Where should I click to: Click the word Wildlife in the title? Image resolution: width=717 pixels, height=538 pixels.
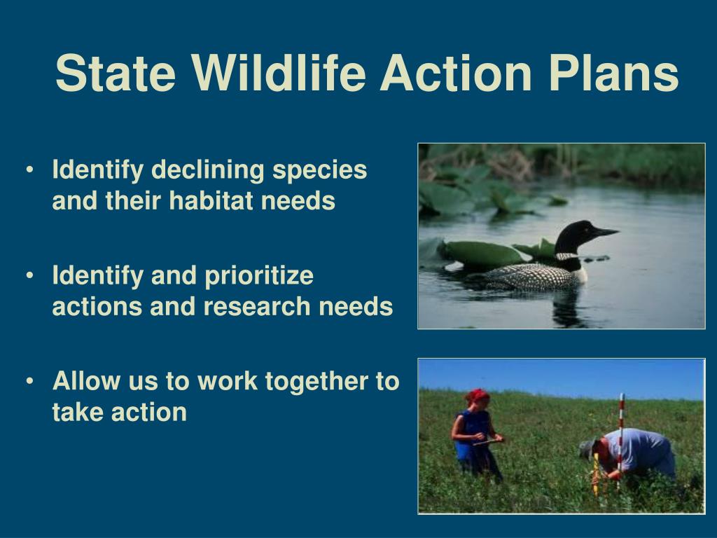pyautogui.click(x=279, y=73)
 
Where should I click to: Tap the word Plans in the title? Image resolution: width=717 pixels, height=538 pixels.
pyautogui.click(x=614, y=73)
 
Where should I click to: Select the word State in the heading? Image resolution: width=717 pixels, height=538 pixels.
pyautogui.click(x=116, y=73)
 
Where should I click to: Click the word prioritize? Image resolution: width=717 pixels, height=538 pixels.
pyautogui.click(x=259, y=276)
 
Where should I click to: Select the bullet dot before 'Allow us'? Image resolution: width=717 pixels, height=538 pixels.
pyautogui.click(x=29, y=381)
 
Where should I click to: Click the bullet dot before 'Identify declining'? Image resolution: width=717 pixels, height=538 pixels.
pyautogui.click(x=29, y=170)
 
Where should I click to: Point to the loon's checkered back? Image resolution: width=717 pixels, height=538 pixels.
pyautogui.click(x=526, y=276)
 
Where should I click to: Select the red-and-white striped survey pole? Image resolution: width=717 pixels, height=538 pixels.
pyautogui.click(x=620, y=439)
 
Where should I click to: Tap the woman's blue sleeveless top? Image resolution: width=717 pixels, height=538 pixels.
pyautogui.click(x=472, y=434)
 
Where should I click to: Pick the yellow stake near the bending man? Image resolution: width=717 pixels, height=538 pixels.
pyautogui.click(x=596, y=474)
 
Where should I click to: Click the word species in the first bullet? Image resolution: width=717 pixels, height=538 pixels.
pyautogui.click(x=319, y=170)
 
